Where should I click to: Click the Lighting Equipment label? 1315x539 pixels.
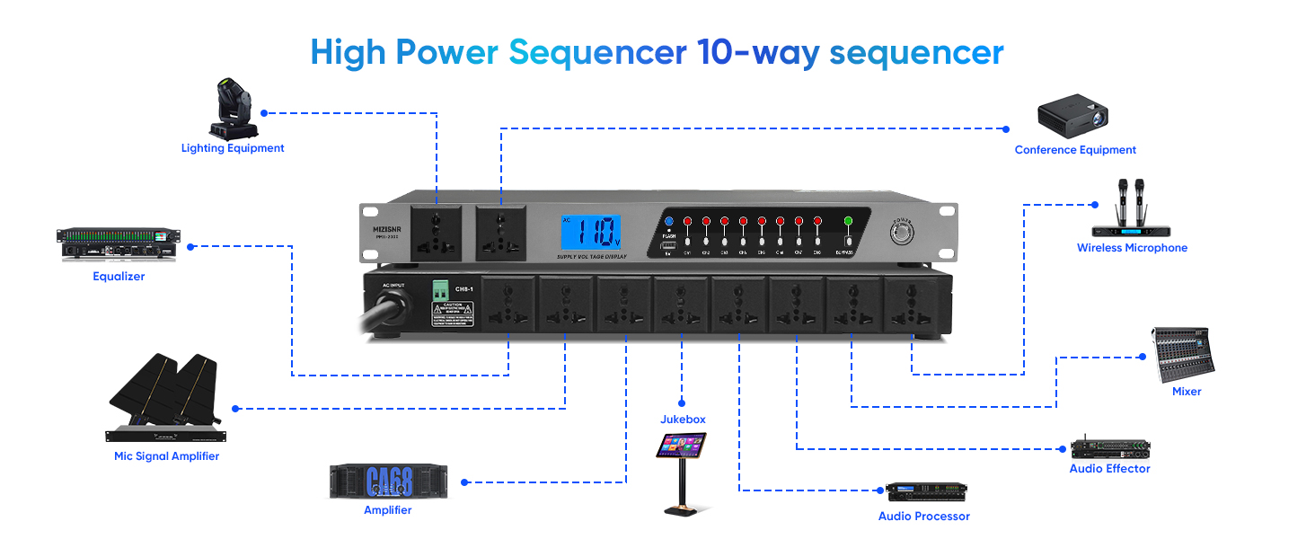click(233, 148)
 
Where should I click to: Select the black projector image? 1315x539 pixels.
click(1072, 115)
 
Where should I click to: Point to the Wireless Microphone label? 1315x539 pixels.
click(1132, 248)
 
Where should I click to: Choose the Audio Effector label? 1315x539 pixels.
click(1109, 469)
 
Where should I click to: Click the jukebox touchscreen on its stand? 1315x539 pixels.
click(681, 446)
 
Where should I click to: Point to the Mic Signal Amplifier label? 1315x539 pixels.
click(166, 456)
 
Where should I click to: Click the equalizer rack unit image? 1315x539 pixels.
click(119, 244)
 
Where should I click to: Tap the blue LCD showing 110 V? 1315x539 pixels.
click(591, 233)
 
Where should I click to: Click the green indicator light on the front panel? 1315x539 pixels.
click(847, 220)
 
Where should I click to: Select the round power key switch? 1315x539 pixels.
click(901, 232)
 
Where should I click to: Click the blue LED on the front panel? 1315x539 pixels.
click(668, 220)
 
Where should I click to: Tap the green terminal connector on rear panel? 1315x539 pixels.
click(441, 290)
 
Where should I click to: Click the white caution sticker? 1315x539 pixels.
click(452, 314)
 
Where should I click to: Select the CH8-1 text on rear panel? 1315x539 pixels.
click(463, 289)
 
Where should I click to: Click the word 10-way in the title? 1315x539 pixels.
click(758, 52)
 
